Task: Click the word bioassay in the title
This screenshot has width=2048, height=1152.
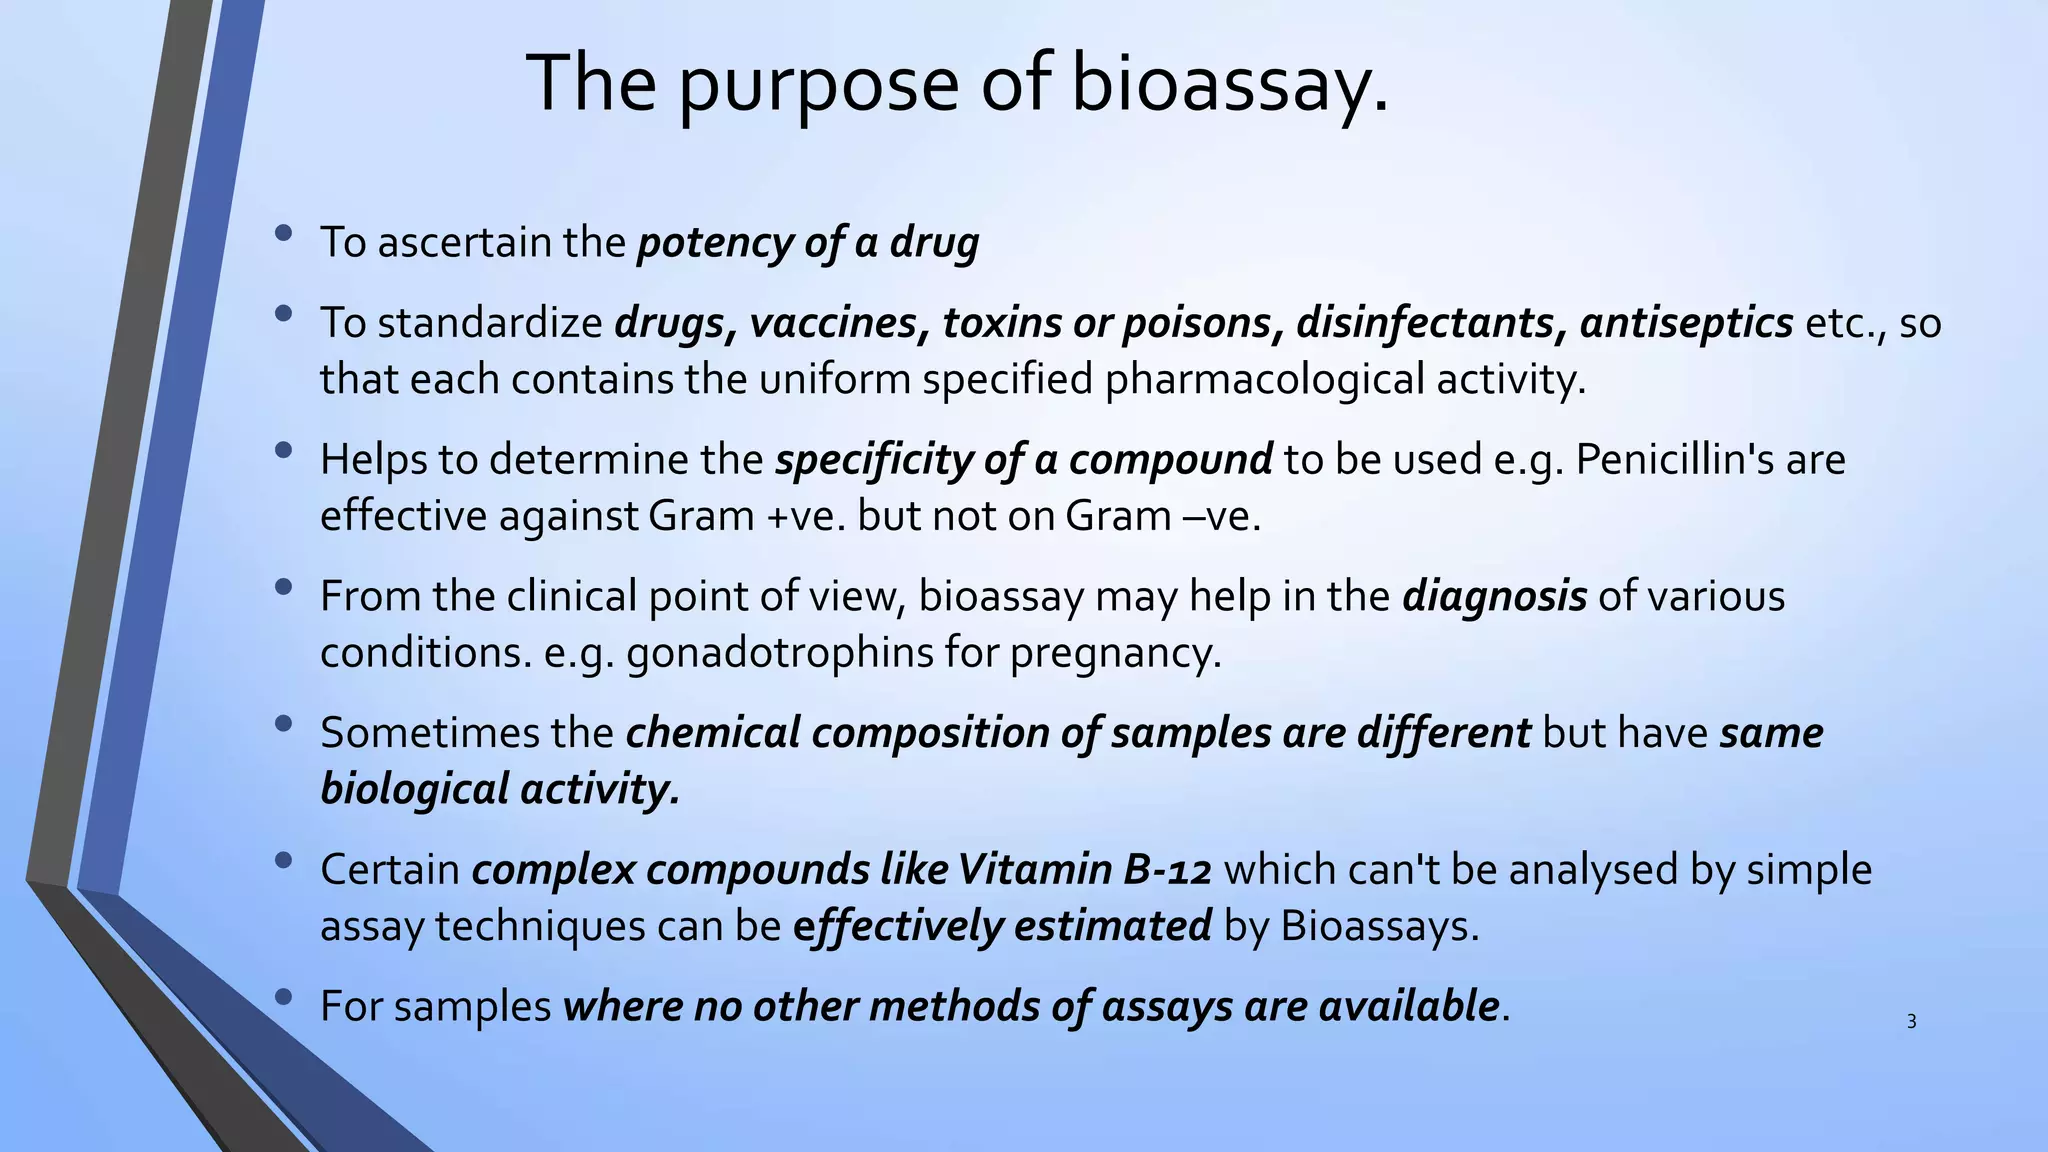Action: pos(1229,83)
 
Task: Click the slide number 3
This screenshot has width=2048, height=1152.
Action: pos(1911,1022)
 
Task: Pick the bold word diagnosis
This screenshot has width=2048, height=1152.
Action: pos(1494,597)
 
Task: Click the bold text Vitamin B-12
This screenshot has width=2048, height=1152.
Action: pos(1084,870)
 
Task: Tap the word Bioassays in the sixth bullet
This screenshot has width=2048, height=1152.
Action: pos(1378,926)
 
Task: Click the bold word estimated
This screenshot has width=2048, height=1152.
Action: pos(1112,926)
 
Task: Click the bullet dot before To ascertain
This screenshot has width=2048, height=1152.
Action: pos(283,234)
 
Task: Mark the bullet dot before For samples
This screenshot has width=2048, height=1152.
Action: pos(283,997)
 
